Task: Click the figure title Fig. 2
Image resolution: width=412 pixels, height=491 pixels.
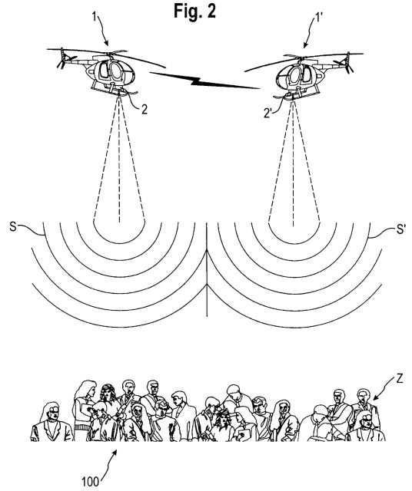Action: coord(195,12)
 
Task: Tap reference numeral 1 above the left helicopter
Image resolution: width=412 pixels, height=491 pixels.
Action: coord(95,16)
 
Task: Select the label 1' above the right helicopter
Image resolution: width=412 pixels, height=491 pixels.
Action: coord(317,17)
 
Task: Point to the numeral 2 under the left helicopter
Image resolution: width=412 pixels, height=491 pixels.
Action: coord(144,109)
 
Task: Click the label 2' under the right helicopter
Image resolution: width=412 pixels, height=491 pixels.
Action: coord(267,113)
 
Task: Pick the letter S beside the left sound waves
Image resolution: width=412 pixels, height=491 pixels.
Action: coord(13,226)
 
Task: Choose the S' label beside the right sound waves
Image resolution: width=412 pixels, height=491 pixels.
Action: coord(400,229)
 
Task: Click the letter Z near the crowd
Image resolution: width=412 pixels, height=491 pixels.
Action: coord(399,379)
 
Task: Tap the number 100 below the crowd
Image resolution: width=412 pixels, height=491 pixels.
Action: coord(91,481)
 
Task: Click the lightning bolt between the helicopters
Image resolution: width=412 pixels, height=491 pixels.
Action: coord(204,81)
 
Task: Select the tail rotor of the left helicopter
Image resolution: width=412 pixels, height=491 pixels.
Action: coord(65,58)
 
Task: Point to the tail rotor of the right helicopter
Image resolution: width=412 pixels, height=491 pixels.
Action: coord(344,63)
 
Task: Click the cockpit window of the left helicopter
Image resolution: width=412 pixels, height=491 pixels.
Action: coord(116,71)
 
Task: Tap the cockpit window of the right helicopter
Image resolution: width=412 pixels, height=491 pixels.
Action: coord(294,75)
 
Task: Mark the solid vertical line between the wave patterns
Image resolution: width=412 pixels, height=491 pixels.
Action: coord(207,269)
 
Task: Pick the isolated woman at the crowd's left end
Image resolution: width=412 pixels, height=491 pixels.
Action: coord(51,423)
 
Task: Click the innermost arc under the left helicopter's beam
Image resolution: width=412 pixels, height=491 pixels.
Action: coord(119,242)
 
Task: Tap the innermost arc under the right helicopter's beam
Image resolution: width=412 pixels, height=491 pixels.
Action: coord(294,242)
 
